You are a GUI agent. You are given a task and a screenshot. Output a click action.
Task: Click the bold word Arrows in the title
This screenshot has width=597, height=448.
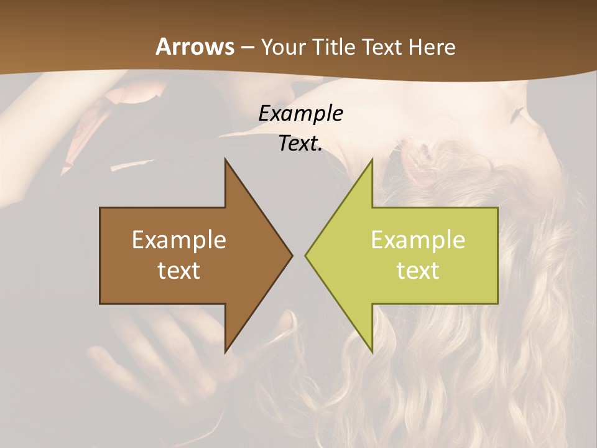195,47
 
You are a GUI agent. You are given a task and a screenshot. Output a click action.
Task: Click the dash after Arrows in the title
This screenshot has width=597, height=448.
247,48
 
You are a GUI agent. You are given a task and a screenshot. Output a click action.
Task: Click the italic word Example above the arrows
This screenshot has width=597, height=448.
300,114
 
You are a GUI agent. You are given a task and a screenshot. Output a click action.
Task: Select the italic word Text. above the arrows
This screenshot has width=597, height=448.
300,144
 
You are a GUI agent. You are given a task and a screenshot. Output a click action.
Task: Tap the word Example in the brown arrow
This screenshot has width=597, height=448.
179,240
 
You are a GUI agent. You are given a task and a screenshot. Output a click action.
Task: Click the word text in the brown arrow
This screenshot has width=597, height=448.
179,271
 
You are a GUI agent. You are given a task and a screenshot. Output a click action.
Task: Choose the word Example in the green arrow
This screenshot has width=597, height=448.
418,240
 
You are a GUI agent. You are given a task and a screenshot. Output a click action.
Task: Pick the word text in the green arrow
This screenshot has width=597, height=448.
418,271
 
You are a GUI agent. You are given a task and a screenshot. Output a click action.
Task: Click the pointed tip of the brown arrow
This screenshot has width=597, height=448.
291,255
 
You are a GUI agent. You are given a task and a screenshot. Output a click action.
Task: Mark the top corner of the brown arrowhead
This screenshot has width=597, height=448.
226,160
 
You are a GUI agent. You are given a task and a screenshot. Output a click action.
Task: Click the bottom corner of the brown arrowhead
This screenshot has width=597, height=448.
226,352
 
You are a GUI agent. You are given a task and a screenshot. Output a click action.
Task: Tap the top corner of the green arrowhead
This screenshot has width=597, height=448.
372,160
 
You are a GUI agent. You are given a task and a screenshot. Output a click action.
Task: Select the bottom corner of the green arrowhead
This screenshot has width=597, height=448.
372,352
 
